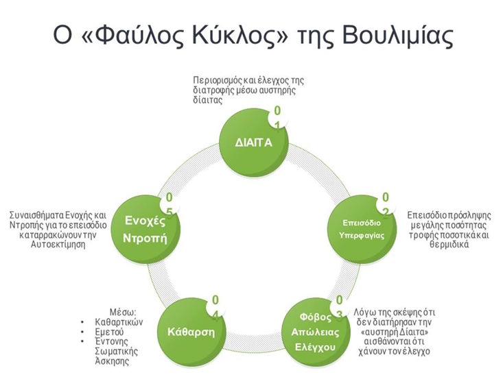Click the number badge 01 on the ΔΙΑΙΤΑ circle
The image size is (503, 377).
click(277, 117)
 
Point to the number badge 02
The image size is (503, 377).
click(386, 203)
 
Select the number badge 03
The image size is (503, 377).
click(338, 306)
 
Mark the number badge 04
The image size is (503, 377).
click(215, 306)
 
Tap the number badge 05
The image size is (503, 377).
click(168, 203)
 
